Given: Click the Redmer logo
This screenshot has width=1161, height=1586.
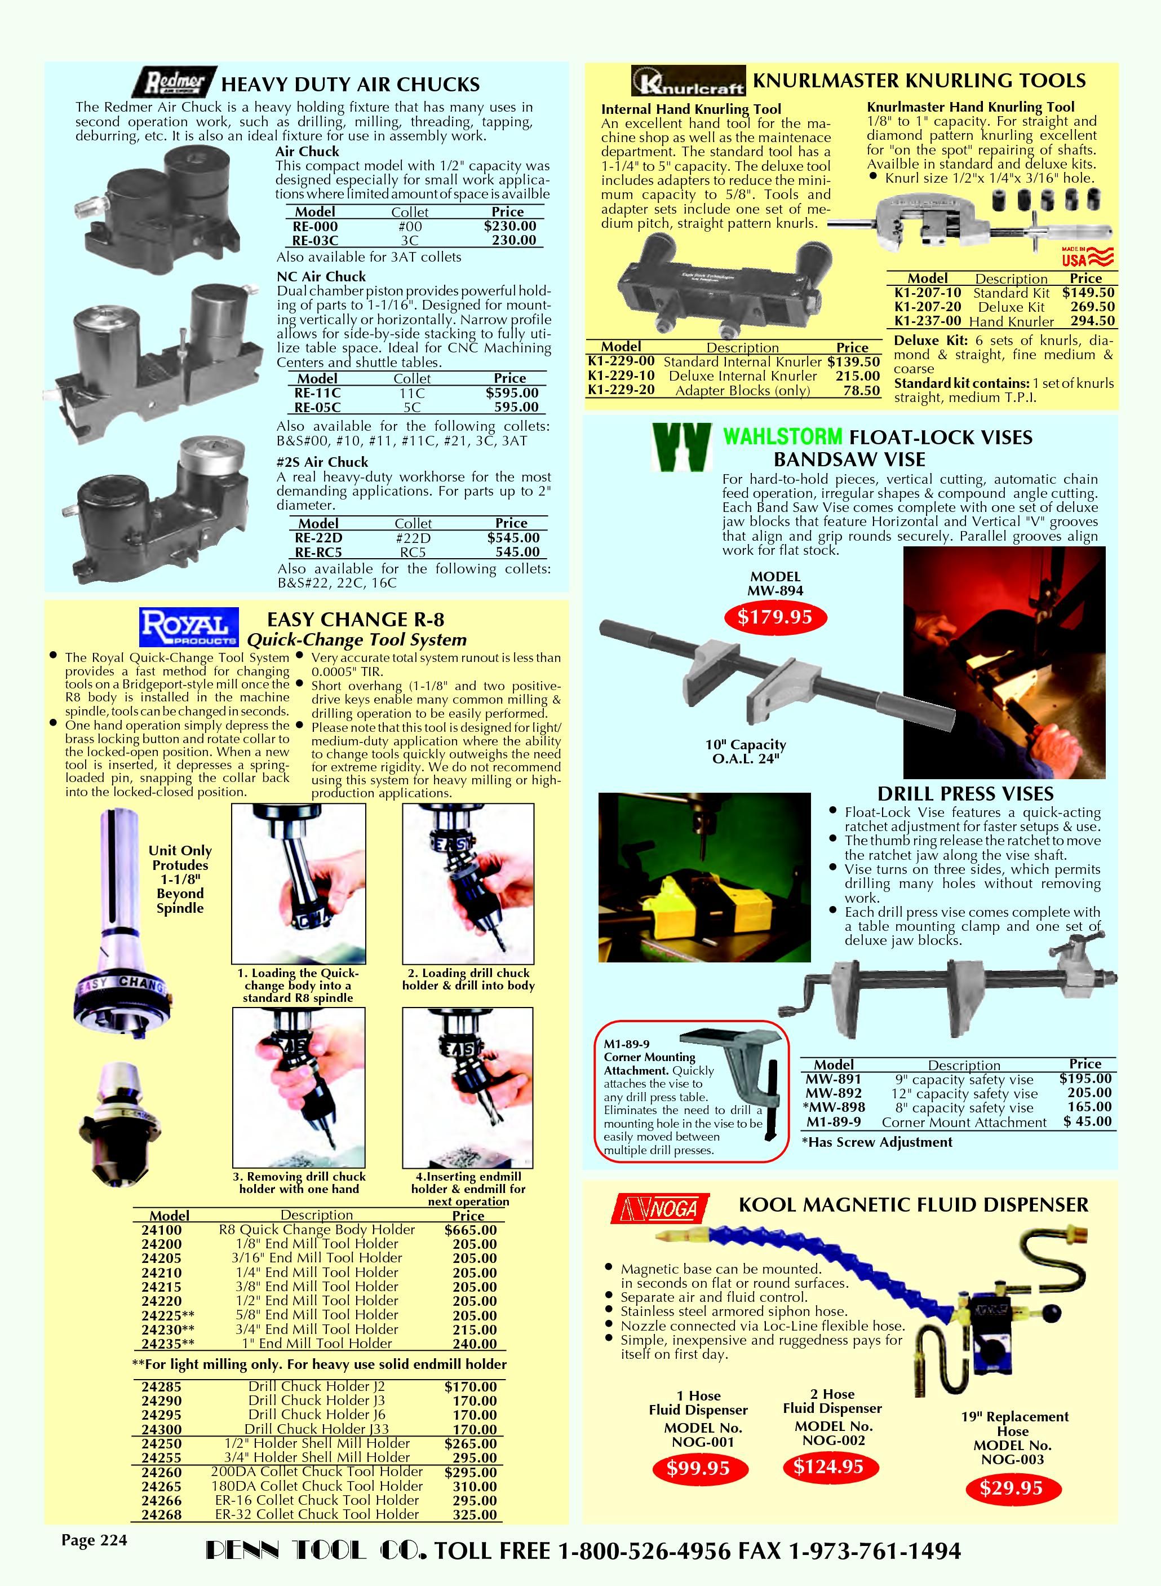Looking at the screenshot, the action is pyautogui.click(x=171, y=82).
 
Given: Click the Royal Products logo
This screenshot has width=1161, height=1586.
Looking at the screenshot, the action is pyautogui.click(x=189, y=626).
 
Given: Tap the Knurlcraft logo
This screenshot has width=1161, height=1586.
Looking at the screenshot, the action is pyautogui.click(x=688, y=81).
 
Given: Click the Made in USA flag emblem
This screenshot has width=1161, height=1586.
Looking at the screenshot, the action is pyautogui.click(x=1087, y=257).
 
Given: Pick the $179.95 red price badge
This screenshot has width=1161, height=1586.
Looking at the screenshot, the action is pyautogui.click(x=774, y=617).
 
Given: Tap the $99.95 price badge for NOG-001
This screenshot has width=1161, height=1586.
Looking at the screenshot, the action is pyautogui.click(x=698, y=1468).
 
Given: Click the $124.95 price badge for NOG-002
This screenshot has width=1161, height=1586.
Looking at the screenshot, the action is pyautogui.click(x=828, y=1466).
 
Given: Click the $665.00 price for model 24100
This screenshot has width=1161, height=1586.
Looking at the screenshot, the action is pyautogui.click(x=470, y=1230).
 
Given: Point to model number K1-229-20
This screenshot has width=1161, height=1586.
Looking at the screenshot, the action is pyautogui.click(x=621, y=390).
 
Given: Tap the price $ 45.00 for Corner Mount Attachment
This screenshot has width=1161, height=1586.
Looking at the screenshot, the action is pyautogui.click(x=1087, y=1121).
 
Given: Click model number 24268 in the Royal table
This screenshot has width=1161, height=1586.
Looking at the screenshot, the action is pyautogui.click(x=161, y=1514).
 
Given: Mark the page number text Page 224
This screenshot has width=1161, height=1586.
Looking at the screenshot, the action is pyautogui.click(x=94, y=1540).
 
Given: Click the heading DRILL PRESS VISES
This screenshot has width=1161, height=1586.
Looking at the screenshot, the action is pyautogui.click(x=965, y=794).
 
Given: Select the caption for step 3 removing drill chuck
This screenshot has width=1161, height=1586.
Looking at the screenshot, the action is pyautogui.click(x=299, y=1182).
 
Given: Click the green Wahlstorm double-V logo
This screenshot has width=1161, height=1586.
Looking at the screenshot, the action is pyautogui.click(x=680, y=447).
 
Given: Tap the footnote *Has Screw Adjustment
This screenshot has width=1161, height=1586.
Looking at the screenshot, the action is pyautogui.click(x=877, y=1142).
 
